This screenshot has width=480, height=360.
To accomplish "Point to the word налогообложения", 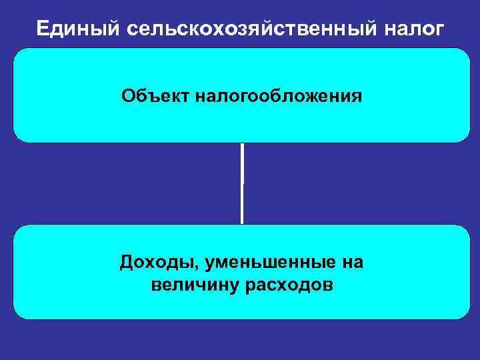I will [x=279, y=97].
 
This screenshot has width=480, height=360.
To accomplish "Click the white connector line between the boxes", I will [x=242, y=183].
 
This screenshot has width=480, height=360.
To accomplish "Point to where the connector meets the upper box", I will [x=242, y=143].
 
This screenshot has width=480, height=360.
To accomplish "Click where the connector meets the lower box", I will [x=242, y=224].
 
